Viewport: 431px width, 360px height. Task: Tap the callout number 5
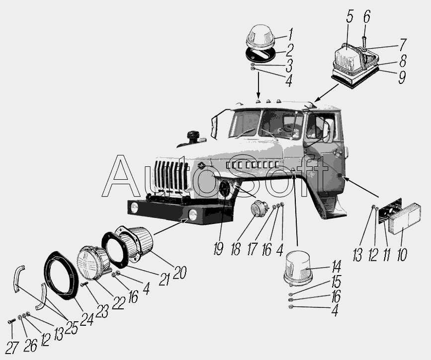(x=349, y=17)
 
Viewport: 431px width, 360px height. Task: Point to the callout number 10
(x=402, y=254)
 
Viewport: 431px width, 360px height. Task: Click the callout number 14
(x=336, y=266)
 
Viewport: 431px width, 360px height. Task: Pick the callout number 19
(x=218, y=249)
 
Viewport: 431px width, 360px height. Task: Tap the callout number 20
(x=180, y=273)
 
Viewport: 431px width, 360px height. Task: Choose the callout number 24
(x=87, y=319)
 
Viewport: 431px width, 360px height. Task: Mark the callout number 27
(x=12, y=348)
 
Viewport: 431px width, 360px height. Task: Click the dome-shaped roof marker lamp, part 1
(x=260, y=38)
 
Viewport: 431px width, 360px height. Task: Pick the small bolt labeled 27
(x=12, y=320)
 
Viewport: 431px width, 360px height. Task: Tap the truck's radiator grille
(x=171, y=176)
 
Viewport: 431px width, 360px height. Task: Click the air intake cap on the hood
(x=193, y=136)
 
